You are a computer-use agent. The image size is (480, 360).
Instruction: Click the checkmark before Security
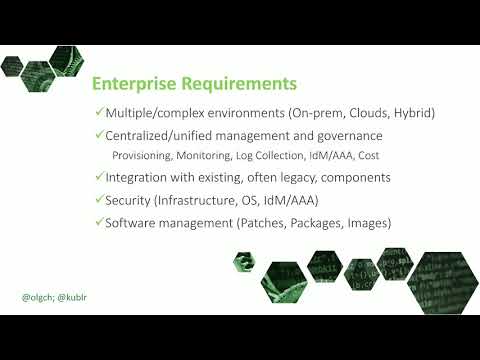pos(98,199)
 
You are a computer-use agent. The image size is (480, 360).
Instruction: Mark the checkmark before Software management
pos(98,221)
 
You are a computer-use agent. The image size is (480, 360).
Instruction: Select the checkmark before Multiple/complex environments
pos(98,114)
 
